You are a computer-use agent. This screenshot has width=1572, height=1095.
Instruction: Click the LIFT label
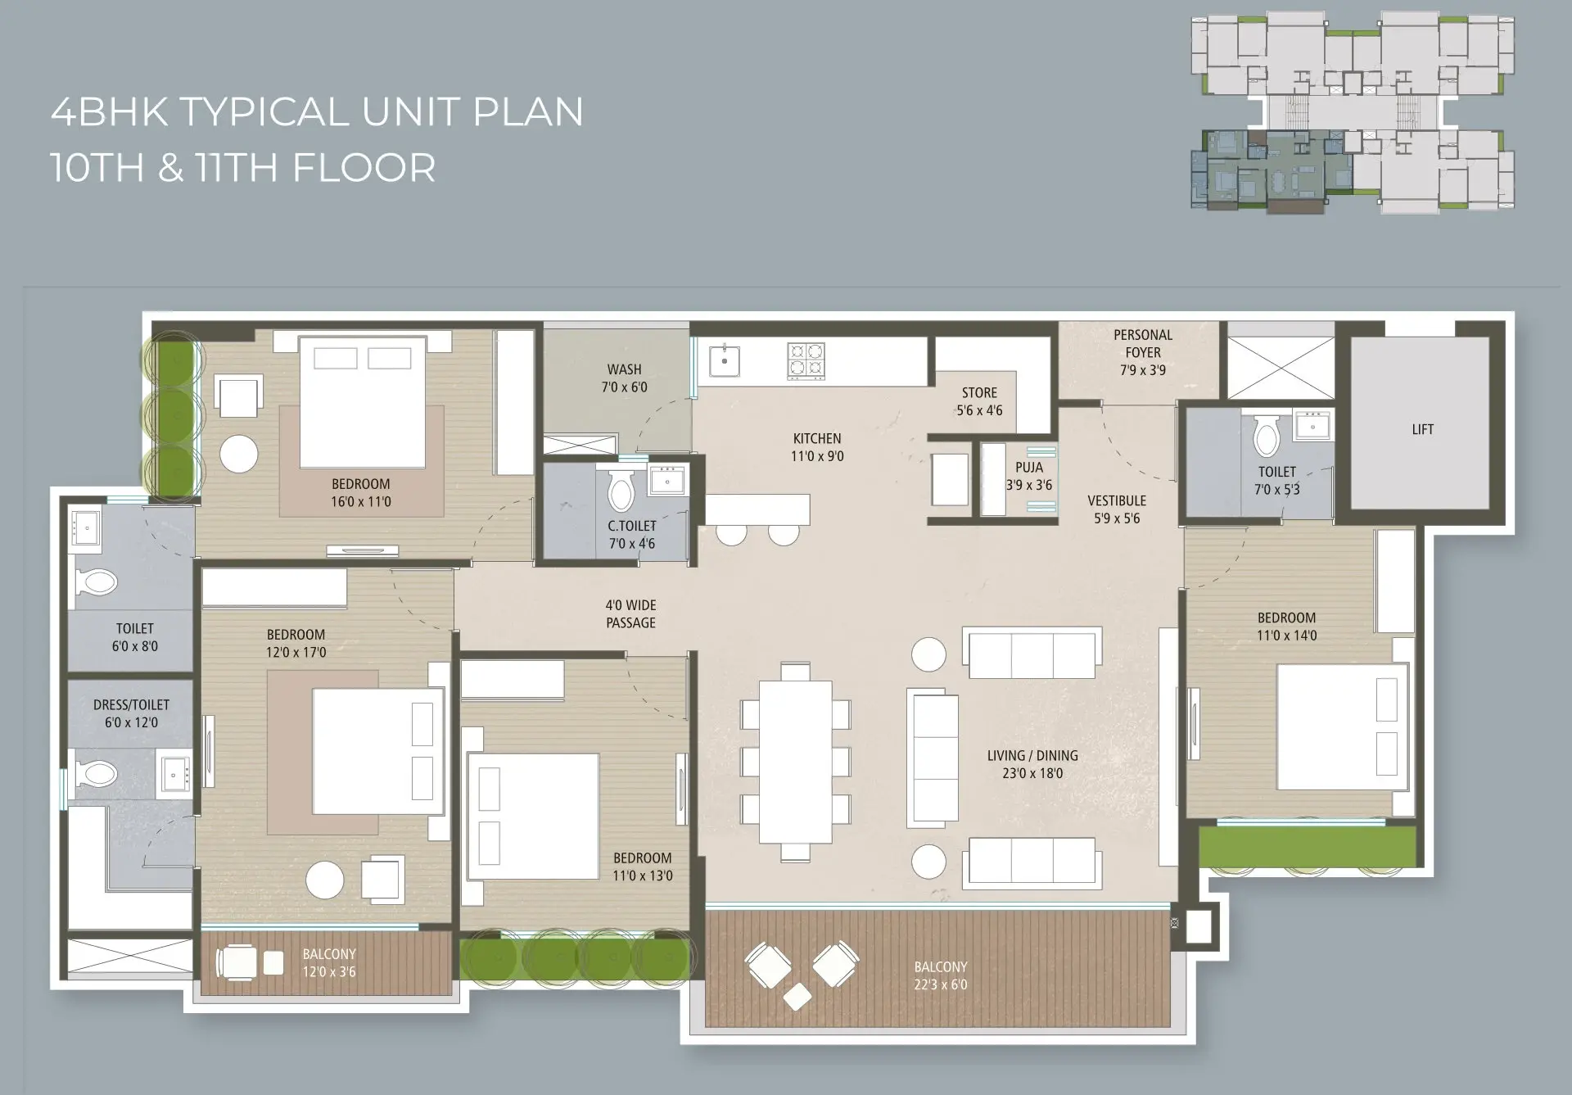pos(1423,429)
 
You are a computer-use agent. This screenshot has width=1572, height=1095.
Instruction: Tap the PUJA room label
pos(1029,476)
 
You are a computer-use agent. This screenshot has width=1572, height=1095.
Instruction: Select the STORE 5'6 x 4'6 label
pos(979,401)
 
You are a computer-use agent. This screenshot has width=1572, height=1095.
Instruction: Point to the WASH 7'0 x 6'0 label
pos(624,378)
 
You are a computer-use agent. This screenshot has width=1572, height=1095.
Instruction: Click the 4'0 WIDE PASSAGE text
pos(630,613)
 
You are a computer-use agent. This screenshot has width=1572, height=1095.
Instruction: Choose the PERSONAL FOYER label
pos(1143,343)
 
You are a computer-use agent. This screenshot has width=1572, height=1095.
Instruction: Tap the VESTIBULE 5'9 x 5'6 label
pos(1117,509)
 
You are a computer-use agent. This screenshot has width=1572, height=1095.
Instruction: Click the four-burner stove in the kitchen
pos(806,360)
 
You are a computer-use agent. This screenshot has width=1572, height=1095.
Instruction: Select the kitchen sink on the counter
pos(725,360)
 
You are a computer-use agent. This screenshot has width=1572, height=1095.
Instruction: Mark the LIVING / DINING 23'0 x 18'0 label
pos(1032,764)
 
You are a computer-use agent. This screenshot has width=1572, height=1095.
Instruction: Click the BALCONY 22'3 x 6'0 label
pos(941,975)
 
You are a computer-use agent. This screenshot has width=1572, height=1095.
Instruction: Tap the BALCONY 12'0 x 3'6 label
pos(329,963)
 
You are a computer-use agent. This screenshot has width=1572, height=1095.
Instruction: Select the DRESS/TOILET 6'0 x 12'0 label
pos(131,713)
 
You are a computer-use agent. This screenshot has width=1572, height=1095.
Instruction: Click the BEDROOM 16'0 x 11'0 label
pos(361,492)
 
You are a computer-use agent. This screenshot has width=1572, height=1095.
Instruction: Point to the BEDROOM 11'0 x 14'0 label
pos(1287,626)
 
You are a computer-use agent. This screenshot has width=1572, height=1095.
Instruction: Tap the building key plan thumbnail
pos(1353,113)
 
